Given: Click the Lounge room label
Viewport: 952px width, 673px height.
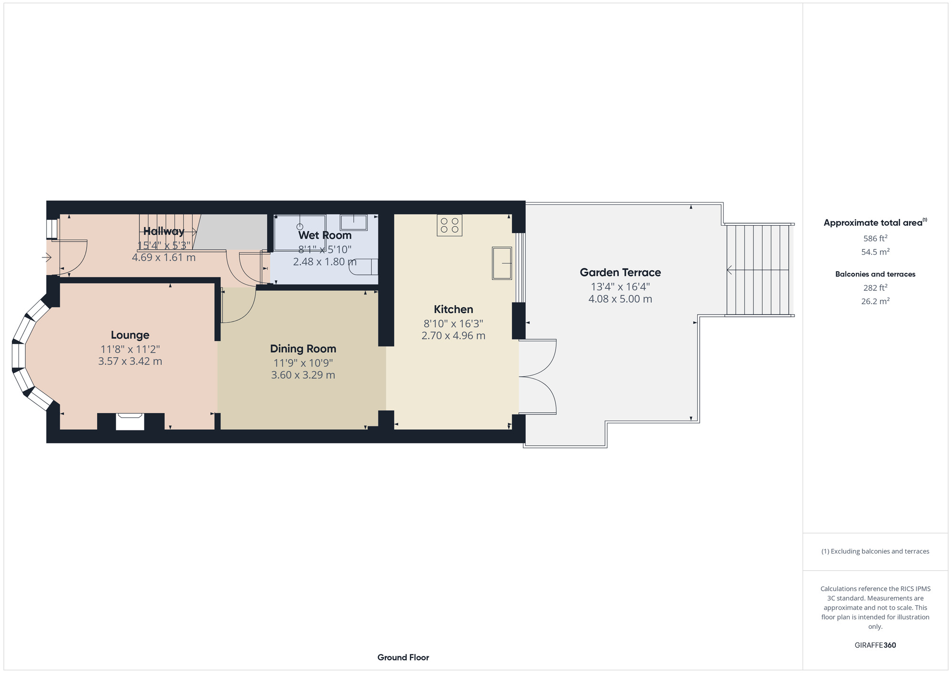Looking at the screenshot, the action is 130,335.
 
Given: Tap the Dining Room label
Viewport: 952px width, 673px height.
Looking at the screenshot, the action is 303,349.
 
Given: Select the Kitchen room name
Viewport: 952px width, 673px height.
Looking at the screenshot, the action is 454,309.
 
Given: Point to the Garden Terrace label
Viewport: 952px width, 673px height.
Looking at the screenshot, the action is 620,272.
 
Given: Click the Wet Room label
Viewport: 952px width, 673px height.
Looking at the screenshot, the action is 325,235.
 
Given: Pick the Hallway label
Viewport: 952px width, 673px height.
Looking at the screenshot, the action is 164,231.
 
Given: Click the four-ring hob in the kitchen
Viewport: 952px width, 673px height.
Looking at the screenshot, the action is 449,225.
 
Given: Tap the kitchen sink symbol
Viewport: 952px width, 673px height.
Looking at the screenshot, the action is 502,263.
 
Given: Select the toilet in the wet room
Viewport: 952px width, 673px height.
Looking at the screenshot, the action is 364,267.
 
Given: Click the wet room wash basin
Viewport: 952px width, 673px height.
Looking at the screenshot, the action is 354,222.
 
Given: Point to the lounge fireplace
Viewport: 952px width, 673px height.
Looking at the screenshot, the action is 130,422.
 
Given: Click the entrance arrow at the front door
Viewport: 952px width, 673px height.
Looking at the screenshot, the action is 47,257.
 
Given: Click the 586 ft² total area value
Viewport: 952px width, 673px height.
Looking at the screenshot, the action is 875,238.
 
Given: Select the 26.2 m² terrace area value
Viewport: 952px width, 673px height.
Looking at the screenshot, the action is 875,301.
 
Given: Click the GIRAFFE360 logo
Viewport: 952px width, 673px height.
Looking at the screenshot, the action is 875,645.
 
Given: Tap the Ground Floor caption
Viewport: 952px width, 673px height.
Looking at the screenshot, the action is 403,657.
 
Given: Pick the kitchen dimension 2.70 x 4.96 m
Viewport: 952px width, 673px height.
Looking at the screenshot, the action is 454,336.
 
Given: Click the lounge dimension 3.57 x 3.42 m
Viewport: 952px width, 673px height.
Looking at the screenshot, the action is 130,361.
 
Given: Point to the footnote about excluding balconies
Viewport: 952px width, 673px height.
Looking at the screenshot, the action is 875,551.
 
